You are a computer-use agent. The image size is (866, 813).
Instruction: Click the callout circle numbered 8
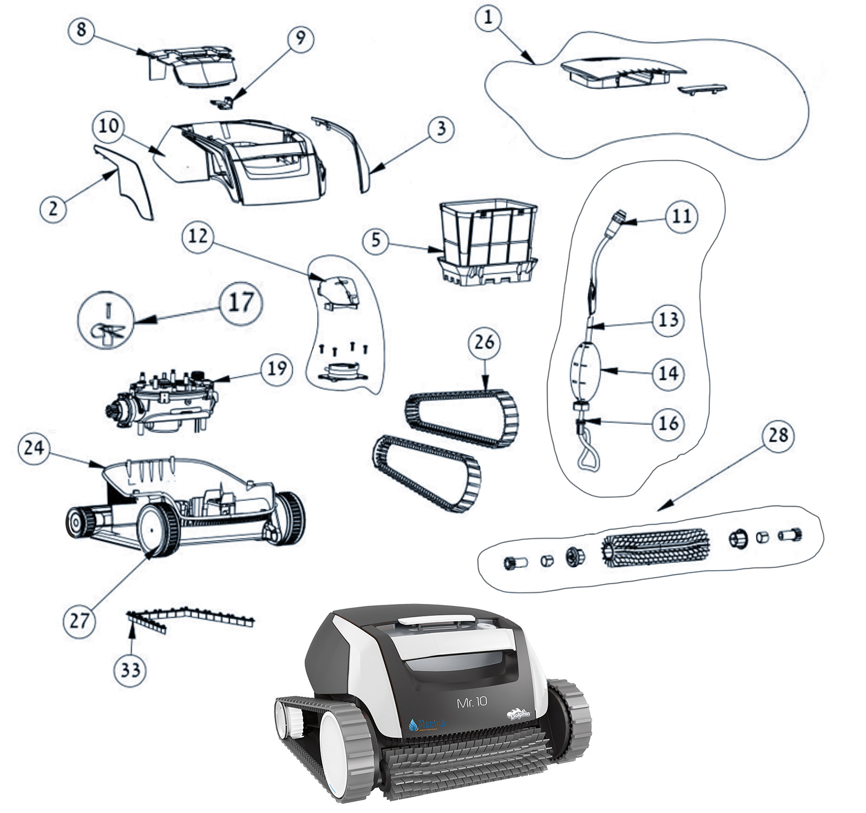tap(81, 29)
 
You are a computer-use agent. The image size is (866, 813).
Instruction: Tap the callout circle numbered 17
tap(241, 303)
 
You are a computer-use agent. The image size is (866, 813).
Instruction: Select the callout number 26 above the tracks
tap(484, 342)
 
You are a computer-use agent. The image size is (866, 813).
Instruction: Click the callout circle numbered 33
tap(130, 670)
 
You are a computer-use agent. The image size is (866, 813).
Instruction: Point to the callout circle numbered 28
tap(778, 435)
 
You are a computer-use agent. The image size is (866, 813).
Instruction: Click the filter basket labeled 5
tap(487, 244)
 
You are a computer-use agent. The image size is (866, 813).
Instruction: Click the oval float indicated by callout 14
tap(586, 368)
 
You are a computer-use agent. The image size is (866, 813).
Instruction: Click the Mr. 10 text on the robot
tap(472, 703)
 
